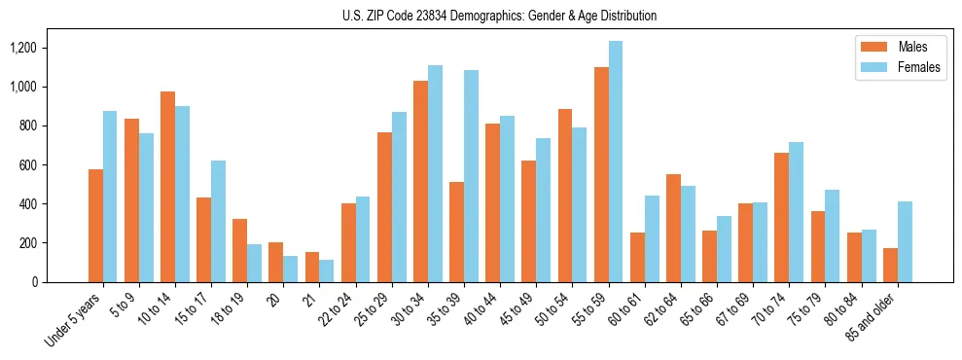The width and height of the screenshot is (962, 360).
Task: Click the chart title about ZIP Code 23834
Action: point(499,16)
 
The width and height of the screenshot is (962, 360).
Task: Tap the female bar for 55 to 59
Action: point(615,162)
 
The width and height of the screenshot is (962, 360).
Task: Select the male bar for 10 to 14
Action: point(167,187)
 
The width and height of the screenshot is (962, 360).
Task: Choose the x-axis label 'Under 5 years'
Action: point(76,320)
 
